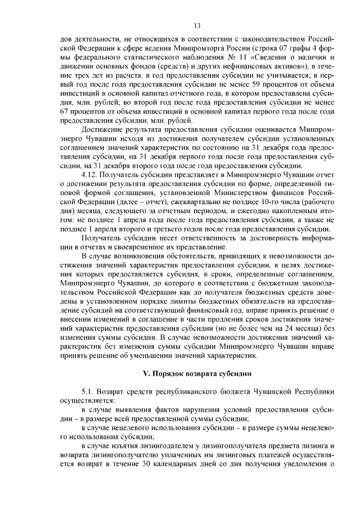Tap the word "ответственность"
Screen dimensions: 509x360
(x=188, y=236)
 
